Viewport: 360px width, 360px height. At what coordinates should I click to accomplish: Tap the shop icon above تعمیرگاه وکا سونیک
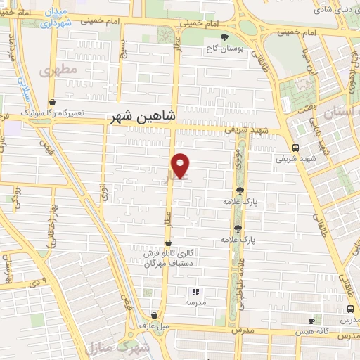54,102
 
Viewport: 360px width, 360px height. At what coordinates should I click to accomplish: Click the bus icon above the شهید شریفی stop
295,148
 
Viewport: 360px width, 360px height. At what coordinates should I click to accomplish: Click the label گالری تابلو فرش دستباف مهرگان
168,259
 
